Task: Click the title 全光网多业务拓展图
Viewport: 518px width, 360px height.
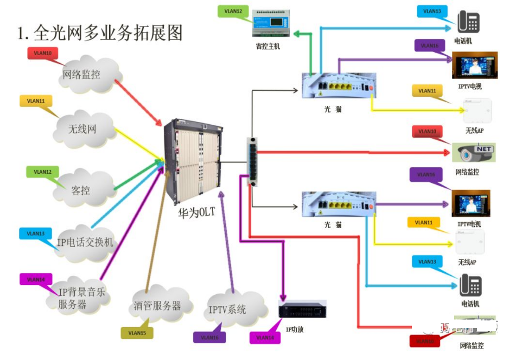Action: pos(100,32)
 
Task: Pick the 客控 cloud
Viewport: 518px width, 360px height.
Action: pos(82,190)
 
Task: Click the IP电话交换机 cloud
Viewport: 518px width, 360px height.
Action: pos(85,244)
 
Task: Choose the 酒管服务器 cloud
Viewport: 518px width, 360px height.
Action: pos(157,306)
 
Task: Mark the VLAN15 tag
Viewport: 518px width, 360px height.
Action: pos(137,333)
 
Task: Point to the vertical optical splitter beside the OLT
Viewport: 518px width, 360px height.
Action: pos(252,161)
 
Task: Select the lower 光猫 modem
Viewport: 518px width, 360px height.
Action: pos(338,205)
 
